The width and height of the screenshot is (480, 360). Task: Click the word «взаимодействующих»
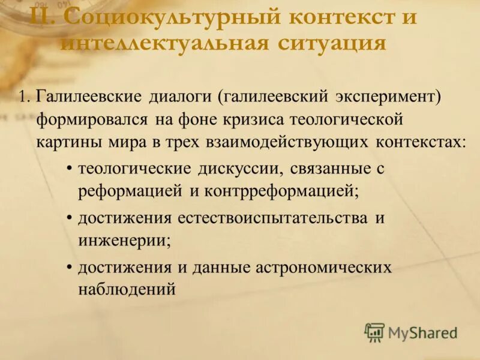(289, 143)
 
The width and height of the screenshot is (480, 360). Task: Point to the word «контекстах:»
(421, 143)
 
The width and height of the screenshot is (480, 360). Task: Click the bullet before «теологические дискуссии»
(70, 169)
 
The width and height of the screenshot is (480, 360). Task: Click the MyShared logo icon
(375, 332)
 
